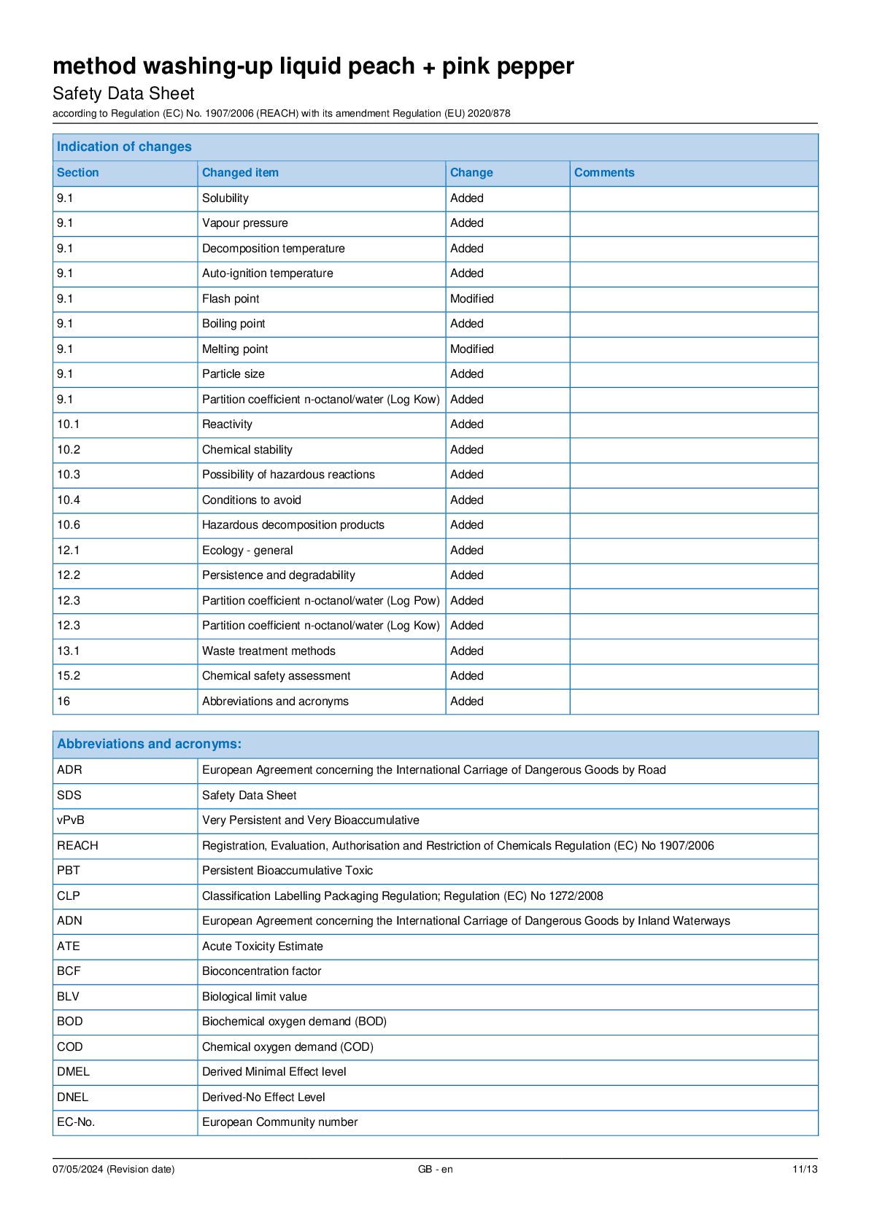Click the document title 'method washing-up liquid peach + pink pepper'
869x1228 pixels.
[313, 66]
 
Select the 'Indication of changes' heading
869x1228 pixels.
[124, 147]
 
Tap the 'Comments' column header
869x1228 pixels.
[604, 173]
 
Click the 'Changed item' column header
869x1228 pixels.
[240, 173]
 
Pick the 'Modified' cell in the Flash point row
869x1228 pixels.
[471, 299]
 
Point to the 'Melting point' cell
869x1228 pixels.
[235, 349]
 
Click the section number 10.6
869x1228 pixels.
[69, 525]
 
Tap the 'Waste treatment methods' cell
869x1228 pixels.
[269, 651]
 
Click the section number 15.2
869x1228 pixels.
[69, 676]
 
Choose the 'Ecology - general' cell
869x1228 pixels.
[247, 551]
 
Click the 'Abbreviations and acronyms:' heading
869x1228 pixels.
[149, 744]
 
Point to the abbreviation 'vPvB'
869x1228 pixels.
[71, 820]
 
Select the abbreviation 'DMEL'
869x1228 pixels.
[73, 1072]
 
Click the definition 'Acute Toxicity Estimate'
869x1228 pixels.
[262, 947]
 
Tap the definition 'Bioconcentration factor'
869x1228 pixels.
[261, 971]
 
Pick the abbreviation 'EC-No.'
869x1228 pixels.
[76, 1122]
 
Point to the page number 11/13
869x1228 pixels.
[805, 1170]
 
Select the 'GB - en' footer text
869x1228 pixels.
[435, 1170]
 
